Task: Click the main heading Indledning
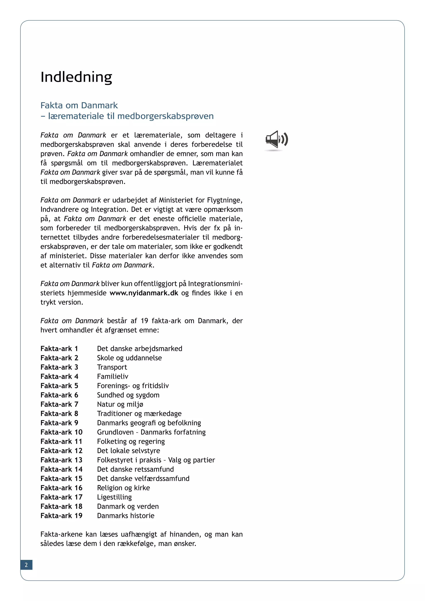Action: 76,77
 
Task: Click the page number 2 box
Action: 26,565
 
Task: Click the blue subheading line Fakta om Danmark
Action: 79,105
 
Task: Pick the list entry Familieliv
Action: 112,376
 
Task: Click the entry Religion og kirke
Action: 123,488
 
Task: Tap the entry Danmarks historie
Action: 126,515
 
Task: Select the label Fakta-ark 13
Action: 61,460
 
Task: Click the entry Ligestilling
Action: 114,497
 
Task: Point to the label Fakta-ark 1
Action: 59,348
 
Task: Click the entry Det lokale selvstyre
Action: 128,451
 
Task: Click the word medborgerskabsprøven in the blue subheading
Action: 165,116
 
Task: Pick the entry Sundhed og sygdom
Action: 128,395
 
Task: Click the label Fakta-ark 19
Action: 61,515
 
